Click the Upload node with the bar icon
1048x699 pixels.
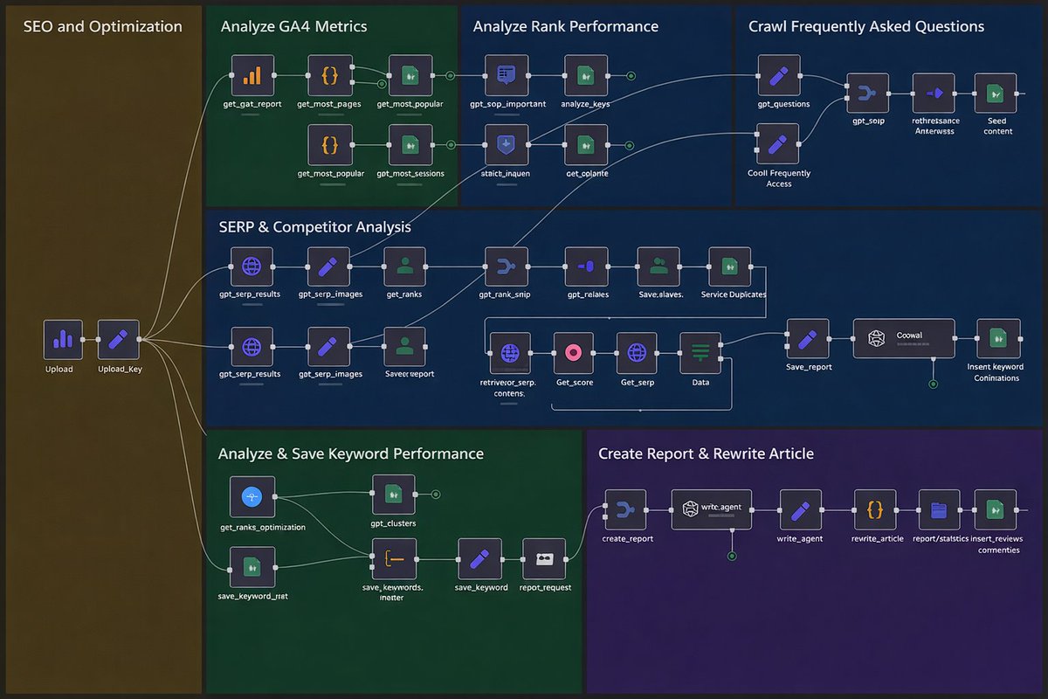point(63,339)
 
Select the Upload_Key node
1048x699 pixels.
point(118,339)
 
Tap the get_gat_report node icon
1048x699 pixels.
point(252,75)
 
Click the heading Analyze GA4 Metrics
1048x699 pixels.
point(293,26)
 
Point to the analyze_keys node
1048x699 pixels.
point(586,75)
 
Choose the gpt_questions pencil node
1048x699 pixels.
point(779,75)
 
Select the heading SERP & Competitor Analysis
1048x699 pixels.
point(314,227)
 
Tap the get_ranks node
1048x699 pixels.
point(404,267)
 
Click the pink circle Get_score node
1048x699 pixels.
point(574,353)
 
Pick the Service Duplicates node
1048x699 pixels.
point(730,267)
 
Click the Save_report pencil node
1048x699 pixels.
point(808,339)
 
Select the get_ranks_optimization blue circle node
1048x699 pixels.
point(252,497)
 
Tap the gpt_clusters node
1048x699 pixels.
point(394,495)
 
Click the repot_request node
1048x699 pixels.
point(544,559)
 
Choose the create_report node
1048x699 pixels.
point(626,509)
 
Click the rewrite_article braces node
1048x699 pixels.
point(875,509)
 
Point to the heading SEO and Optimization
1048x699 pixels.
point(102,26)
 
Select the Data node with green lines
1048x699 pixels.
point(700,353)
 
